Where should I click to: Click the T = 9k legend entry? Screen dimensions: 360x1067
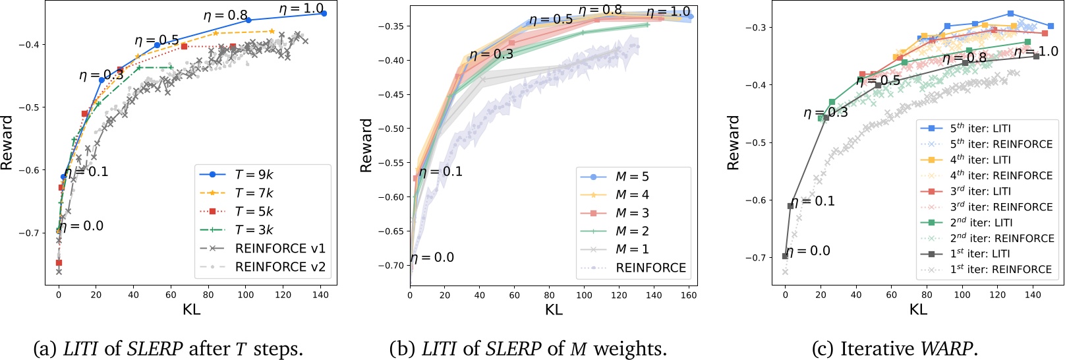(x=254, y=175)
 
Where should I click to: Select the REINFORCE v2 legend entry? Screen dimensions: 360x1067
(x=280, y=267)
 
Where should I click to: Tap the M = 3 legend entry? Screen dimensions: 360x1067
(x=632, y=213)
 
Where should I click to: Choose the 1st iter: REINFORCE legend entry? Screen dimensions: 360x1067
(x=1000, y=270)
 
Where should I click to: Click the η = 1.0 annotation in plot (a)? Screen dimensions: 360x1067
(x=301, y=9)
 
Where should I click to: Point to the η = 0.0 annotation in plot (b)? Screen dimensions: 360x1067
(x=432, y=258)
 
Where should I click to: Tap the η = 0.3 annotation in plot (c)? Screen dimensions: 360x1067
(x=826, y=113)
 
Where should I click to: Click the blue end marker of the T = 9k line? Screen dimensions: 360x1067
(x=324, y=13)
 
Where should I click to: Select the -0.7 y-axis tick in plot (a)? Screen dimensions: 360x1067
(x=29, y=233)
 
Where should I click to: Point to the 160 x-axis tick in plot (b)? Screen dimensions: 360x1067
(x=689, y=295)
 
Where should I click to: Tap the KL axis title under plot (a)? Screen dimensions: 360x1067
(x=191, y=309)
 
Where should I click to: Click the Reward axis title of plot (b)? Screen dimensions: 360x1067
(x=366, y=146)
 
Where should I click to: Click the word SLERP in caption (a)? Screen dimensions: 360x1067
(x=156, y=348)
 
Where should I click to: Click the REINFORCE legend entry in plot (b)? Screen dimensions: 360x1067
(x=650, y=268)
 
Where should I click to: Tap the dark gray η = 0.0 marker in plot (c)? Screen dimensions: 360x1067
(x=785, y=256)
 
